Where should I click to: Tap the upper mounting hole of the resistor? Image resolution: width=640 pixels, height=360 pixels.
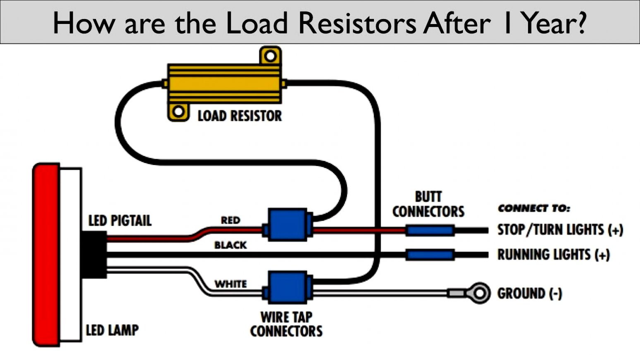pos(270,56)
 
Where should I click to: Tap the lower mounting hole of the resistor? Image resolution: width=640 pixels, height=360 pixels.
pos(178,112)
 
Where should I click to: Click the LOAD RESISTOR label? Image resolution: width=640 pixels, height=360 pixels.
pos(240,116)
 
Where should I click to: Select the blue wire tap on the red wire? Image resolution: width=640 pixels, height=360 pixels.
pos(288,225)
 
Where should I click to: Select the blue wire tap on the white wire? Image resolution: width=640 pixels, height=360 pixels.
pos(288,288)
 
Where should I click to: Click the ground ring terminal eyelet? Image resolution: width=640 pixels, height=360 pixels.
pos(479,293)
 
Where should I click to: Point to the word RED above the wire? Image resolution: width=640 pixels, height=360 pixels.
pos(230,220)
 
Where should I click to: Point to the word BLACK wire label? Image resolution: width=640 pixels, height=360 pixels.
pos(230,245)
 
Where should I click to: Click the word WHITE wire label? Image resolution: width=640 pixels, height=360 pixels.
pos(230,284)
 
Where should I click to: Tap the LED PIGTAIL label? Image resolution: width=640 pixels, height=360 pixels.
pos(120,221)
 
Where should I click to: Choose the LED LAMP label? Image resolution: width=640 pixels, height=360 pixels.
pos(112,330)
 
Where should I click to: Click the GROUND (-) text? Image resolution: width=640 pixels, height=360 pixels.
pos(530,294)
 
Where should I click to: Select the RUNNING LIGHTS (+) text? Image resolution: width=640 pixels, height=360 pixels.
pos(554,254)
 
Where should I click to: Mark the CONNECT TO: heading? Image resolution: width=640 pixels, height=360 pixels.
pos(534,208)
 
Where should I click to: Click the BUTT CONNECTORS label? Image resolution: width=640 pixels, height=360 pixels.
pos(428,204)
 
